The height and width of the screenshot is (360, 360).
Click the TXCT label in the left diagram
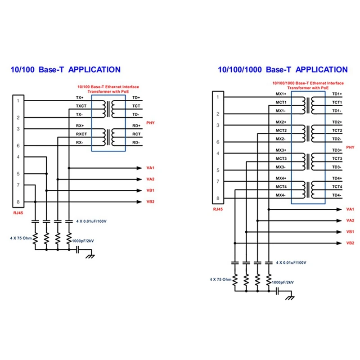(x=81, y=106)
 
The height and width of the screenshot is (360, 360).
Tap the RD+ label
(x=136, y=126)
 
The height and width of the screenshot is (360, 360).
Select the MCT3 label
(x=281, y=159)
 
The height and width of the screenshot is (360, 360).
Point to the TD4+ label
(x=337, y=178)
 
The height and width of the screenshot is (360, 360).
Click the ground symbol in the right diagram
(x=290, y=298)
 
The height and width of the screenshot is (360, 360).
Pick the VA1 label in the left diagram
(x=150, y=168)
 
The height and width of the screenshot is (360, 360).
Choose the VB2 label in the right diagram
(x=350, y=243)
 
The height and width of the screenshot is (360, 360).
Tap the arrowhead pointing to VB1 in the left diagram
(x=139, y=190)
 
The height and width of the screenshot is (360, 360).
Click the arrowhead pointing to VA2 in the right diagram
(x=339, y=220)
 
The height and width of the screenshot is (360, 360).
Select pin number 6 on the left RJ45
(x=18, y=146)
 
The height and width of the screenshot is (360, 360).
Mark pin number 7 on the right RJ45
(x=218, y=182)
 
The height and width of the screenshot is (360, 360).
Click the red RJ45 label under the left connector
(x=18, y=213)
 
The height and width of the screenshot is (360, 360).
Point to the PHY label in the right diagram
(x=350, y=148)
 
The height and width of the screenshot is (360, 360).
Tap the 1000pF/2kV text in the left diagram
(x=83, y=241)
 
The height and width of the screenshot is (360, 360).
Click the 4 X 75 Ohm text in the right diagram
(x=220, y=279)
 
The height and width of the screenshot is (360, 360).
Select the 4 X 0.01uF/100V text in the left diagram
(x=91, y=221)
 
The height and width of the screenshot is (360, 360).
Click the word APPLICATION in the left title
(x=94, y=70)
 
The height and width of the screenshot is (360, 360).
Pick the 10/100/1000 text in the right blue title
(x=240, y=70)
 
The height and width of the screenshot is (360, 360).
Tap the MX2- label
(x=280, y=139)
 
